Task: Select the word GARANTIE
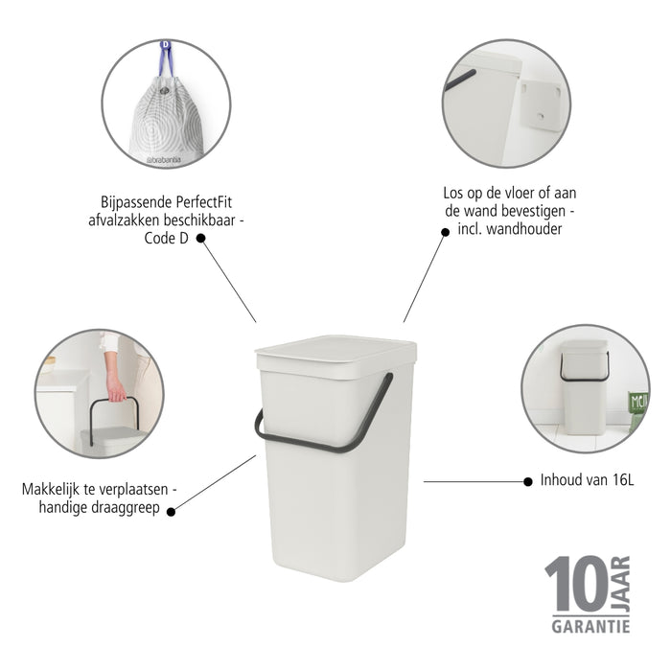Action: tap(590, 626)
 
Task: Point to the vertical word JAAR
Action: tap(621, 581)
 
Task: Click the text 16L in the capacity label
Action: tap(618, 480)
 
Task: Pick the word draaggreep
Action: tap(128, 508)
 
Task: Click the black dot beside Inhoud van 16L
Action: tap(527, 481)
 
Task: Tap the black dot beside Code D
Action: tap(201, 240)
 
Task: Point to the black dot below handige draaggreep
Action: tap(172, 512)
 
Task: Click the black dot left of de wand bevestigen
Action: tap(446, 231)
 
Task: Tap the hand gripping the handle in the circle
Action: tap(116, 388)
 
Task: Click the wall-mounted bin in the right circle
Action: tap(584, 370)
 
